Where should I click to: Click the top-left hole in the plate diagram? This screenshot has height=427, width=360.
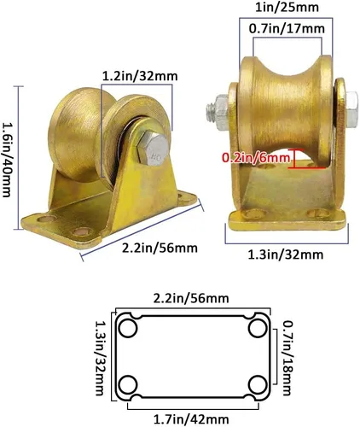130,328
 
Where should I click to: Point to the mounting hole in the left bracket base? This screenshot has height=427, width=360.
83,233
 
